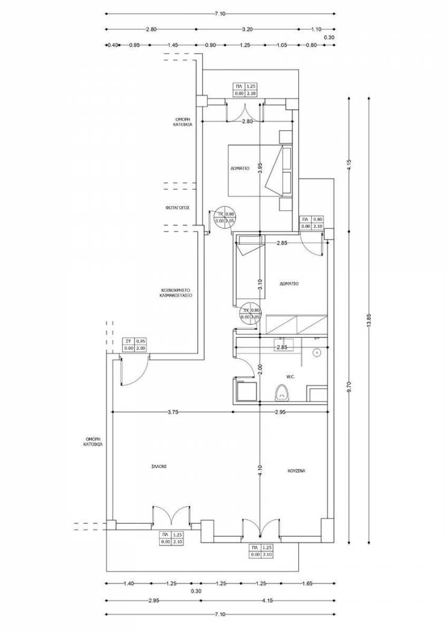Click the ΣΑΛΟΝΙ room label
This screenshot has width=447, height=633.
pyautogui.click(x=160, y=466)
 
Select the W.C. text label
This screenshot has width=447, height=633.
pyautogui.click(x=290, y=377)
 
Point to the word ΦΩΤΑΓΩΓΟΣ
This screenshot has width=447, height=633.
pyautogui.click(x=178, y=207)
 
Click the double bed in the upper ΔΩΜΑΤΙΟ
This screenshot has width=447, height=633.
pyautogui.click(x=259, y=170)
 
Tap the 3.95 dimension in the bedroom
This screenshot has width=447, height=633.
pyautogui.click(x=260, y=169)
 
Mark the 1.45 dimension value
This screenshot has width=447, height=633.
pyautogui.click(x=173, y=45)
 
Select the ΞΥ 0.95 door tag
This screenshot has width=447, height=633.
pyautogui.click(x=135, y=344)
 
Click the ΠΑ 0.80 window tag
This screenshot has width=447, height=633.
pyautogui.click(x=312, y=222)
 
